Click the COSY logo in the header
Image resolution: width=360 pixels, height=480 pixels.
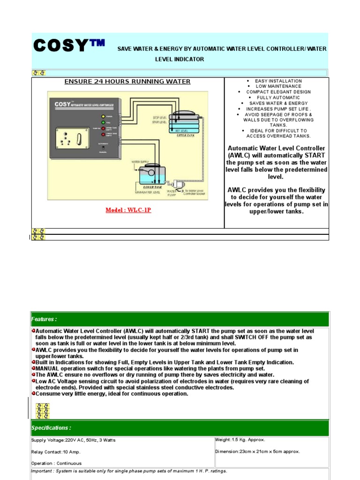(x=68, y=46)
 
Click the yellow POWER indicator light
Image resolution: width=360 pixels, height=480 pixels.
(x=103, y=116)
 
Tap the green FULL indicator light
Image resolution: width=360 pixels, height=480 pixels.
(x=103, y=122)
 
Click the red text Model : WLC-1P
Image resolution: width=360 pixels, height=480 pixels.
(x=128, y=210)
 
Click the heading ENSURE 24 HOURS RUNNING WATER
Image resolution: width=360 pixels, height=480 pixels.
(x=127, y=82)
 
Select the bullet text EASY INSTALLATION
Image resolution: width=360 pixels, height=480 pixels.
(x=278, y=81)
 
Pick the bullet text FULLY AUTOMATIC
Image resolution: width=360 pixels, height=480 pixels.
(x=278, y=97)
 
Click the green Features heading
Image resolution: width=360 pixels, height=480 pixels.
(x=45, y=319)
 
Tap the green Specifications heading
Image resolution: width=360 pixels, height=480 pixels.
(x=51, y=428)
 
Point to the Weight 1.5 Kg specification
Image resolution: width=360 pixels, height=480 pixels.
(x=240, y=440)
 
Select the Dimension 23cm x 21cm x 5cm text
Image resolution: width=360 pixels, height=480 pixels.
(x=257, y=452)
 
